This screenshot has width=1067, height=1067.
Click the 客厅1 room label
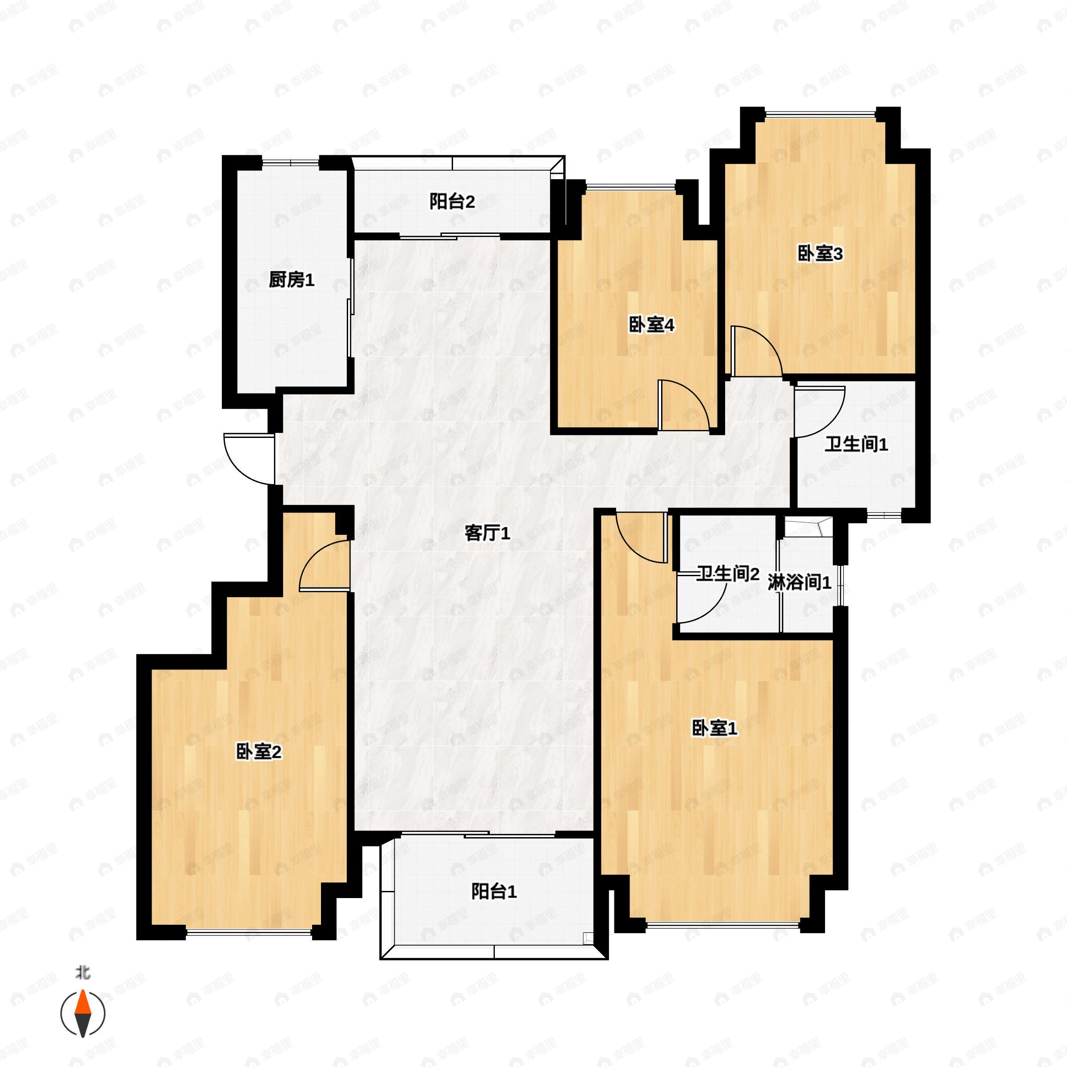pos(487,533)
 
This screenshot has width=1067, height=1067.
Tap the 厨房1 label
pos(292,280)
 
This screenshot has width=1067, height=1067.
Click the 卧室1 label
pos(714,729)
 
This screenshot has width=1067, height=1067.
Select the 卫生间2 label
pos(727,574)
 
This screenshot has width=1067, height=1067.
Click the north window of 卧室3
pos(820,114)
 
